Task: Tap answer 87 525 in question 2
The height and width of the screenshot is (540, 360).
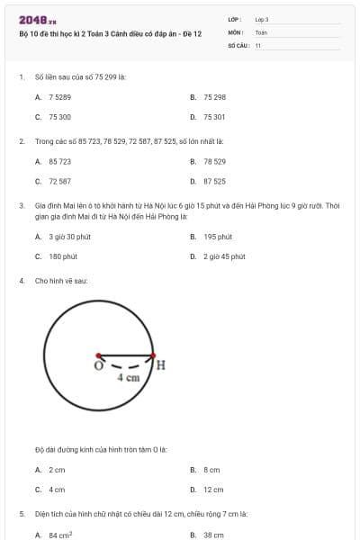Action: click(x=214, y=181)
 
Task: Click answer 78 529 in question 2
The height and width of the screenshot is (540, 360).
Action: click(x=214, y=161)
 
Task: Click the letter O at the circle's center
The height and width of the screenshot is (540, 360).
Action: click(x=97, y=365)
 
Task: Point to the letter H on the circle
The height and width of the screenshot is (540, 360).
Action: click(x=161, y=364)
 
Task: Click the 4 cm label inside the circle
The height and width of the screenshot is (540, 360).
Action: click(x=129, y=379)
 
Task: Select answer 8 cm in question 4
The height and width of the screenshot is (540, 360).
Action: click(x=211, y=470)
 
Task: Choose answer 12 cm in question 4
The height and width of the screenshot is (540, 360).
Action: click(x=213, y=490)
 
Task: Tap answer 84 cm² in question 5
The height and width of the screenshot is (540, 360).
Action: click(x=60, y=535)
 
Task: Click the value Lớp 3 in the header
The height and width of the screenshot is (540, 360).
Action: click(x=262, y=19)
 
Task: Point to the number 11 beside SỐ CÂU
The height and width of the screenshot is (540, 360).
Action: click(x=257, y=44)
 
